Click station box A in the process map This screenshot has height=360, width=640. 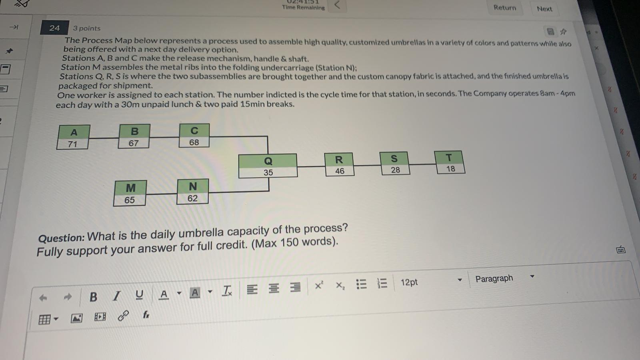click(x=74, y=137)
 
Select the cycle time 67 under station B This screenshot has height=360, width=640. click(x=134, y=143)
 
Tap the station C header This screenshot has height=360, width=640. click(x=194, y=130)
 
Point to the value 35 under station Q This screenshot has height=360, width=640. click(x=268, y=172)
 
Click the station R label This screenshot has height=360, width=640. click(x=339, y=160)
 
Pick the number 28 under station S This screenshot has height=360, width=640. click(x=396, y=170)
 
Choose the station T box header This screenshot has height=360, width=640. click(x=449, y=158)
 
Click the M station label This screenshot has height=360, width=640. click(x=130, y=188)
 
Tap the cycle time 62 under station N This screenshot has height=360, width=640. click(x=192, y=198)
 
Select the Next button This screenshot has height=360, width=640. click(x=544, y=9)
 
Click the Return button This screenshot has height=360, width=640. click(x=505, y=8)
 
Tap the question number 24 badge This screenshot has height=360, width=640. click(x=54, y=28)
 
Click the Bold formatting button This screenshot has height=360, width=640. click(x=93, y=297)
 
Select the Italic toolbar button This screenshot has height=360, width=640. click(x=116, y=296)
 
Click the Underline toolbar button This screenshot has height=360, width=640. click(x=139, y=294)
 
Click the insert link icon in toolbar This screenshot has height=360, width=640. click(x=123, y=316)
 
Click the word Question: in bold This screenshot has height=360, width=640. click(x=62, y=238)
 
